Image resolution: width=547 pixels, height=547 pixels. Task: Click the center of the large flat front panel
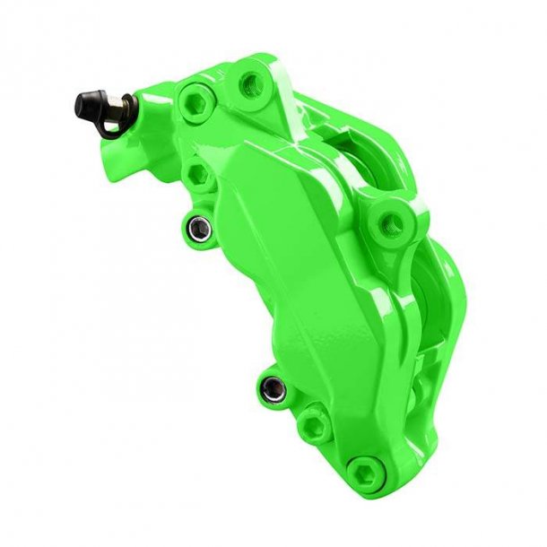pyautogui.click(x=269, y=269)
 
